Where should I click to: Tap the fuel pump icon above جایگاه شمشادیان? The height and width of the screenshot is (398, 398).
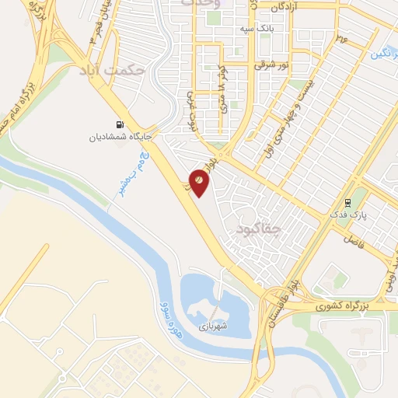[119, 124]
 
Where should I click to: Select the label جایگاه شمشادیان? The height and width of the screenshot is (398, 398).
[119, 138]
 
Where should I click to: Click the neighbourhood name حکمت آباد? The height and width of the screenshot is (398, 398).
[111, 70]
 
